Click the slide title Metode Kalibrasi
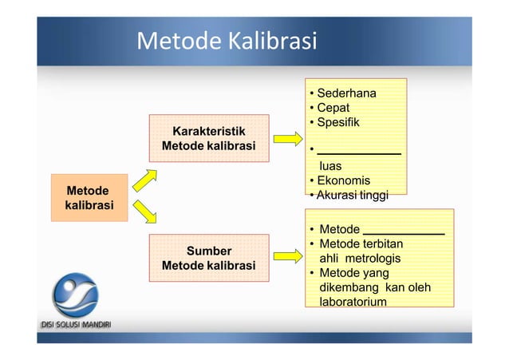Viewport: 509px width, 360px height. click(227, 40)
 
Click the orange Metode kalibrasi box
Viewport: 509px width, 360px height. click(89, 197)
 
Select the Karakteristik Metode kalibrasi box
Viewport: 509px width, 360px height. click(209, 138)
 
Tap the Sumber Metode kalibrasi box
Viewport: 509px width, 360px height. click(209, 258)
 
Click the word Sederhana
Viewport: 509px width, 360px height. click(346, 93)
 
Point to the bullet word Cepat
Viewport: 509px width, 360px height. click(333, 108)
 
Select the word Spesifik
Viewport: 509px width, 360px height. click(338, 122)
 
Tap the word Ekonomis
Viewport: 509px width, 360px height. click(343, 180)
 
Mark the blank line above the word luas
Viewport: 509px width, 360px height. click(358, 151)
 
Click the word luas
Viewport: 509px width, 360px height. click(330, 166)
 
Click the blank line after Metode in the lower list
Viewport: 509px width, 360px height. click(404, 233)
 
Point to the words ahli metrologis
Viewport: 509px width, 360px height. click(360, 258)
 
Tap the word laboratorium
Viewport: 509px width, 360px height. click(353, 302)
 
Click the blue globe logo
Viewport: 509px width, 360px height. click(76, 297)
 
